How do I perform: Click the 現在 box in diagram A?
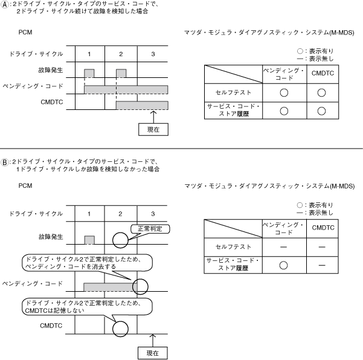tap(153, 129)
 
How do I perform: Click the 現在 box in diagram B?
tap(153, 352)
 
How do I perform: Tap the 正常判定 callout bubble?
tap(150, 229)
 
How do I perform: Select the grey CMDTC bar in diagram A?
tap(142, 106)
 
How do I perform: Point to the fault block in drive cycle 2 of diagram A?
tap(121, 73)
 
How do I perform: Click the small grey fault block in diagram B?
tap(89, 240)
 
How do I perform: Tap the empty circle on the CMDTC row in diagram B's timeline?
tap(121, 329)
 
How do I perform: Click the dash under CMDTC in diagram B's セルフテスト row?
tap(322, 246)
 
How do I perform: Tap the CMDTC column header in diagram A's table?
tap(322, 74)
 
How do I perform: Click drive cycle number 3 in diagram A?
tap(153, 54)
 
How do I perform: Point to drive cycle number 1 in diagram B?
tap(89, 214)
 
